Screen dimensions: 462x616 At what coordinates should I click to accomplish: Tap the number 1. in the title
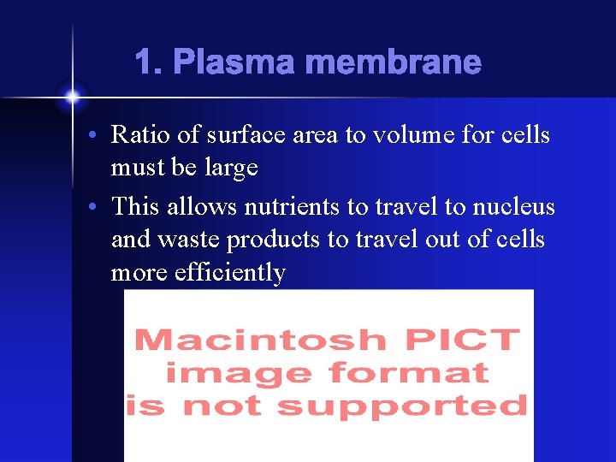coord(148,62)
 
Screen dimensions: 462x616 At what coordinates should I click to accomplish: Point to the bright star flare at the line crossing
coord(72,98)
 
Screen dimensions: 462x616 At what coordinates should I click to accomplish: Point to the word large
coord(230,169)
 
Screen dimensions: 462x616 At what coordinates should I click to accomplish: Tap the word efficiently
coord(229,273)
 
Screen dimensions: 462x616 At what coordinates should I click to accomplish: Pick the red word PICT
coord(463,340)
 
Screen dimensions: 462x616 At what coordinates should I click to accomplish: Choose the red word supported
coord(402,406)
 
